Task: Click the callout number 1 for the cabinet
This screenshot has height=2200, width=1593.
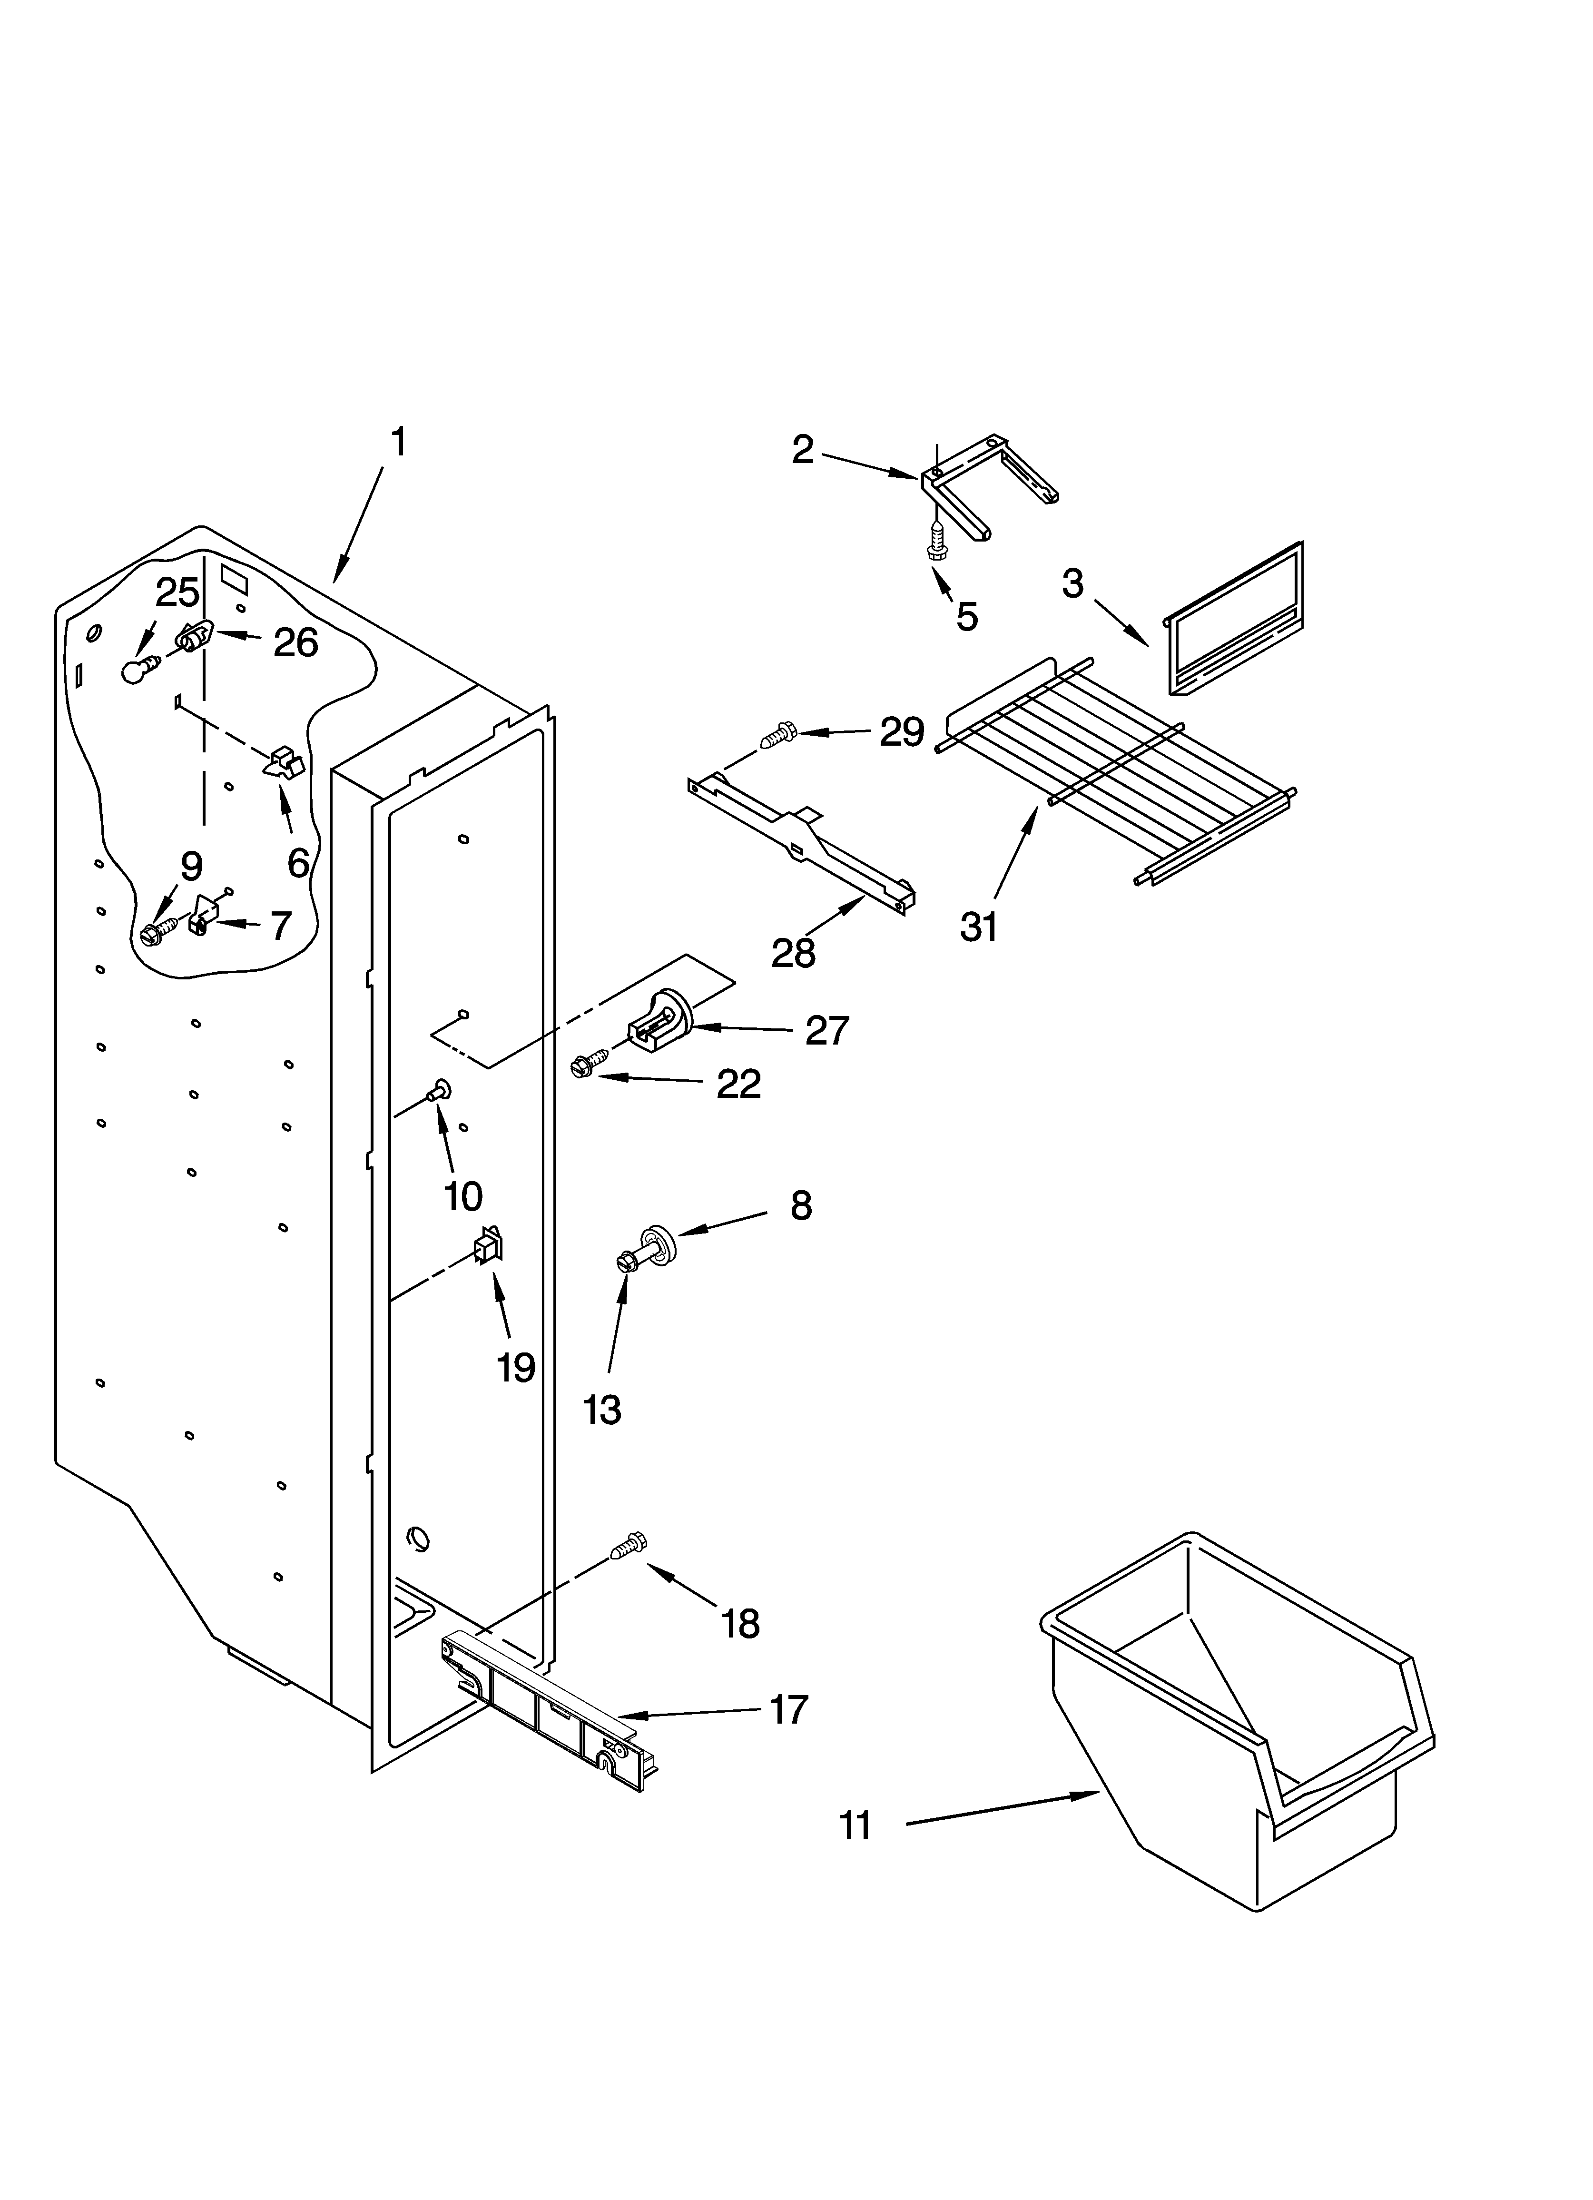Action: (398, 442)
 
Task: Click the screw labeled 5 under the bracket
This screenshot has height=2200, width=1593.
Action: (937, 540)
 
